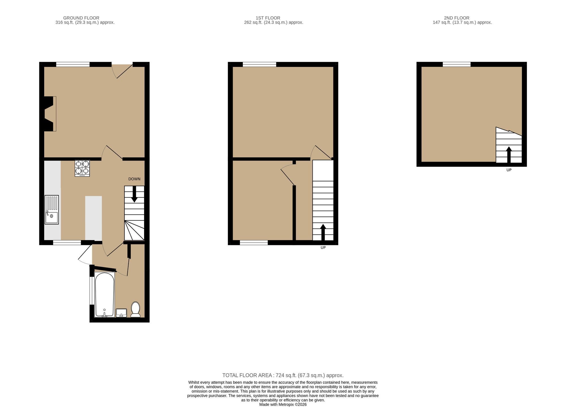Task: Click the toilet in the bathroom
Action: [135, 310]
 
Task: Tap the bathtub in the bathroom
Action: [104, 295]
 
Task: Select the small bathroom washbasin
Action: [121, 313]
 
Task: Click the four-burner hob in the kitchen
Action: [82, 168]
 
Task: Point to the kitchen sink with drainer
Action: [52, 210]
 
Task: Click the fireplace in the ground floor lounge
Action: [50, 114]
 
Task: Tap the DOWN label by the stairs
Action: [134, 179]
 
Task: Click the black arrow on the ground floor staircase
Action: [134, 194]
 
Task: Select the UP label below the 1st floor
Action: [323, 248]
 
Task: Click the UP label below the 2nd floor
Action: [509, 170]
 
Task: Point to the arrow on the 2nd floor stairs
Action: [509, 155]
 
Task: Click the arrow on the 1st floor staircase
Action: [323, 232]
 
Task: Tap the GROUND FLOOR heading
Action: [81, 18]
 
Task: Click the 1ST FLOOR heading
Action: [268, 18]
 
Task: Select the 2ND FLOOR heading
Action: [456, 18]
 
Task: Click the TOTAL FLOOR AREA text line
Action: [283, 375]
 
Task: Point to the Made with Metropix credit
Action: [283, 404]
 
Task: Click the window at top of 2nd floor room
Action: [457, 64]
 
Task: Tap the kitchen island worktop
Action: [94, 218]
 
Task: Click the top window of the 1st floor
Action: [260, 64]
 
